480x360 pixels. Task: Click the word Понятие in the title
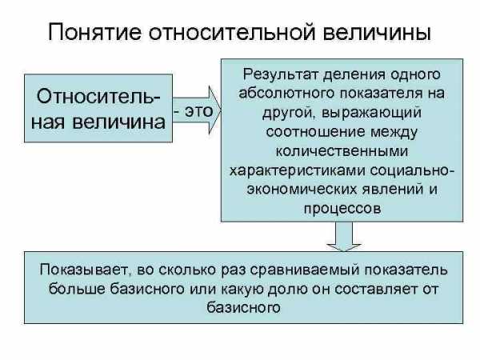pos(95,31)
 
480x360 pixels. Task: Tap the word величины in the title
pos(377,32)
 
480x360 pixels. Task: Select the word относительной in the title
pos(232,31)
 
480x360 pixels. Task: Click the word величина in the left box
pos(119,122)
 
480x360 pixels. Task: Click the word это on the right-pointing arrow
pos(198,111)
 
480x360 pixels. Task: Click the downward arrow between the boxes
pos(344,236)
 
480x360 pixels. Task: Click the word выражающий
pos(372,113)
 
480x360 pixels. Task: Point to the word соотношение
pos(316,132)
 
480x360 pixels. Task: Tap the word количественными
pos(342,151)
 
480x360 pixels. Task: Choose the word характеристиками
pos(297,170)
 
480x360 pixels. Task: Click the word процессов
pos(342,209)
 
